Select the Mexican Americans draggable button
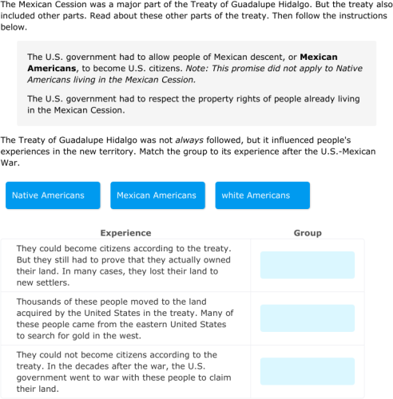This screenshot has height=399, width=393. [156, 196]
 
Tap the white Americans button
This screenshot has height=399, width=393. [256, 196]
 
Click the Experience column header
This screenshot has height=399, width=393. [125, 233]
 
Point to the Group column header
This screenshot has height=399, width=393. [308, 233]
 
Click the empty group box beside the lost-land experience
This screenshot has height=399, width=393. [308, 265]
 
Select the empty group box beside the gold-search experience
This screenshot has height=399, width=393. [308, 318]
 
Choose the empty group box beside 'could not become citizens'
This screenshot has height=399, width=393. [308, 371]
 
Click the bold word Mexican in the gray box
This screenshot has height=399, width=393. [318, 57]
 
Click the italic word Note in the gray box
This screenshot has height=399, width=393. [196, 69]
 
